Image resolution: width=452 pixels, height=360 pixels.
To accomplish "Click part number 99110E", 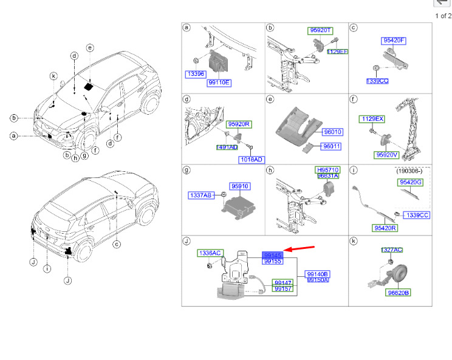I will (x=219, y=82).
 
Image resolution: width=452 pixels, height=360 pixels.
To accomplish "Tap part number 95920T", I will (x=320, y=30).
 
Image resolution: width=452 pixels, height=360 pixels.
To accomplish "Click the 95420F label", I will (x=394, y=41).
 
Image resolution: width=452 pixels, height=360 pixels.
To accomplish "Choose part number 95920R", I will (x=240, y=123).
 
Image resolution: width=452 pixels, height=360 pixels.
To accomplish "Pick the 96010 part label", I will (x=332, y=131).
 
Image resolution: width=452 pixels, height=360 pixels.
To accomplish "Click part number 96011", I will (x=332, y=146).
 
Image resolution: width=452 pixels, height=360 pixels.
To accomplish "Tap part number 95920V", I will (x=387, y=155).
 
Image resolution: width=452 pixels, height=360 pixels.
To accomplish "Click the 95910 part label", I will (x=239, y=186).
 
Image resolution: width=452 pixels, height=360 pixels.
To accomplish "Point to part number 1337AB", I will (x=200, y=195).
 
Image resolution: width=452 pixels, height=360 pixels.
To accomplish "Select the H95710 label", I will (x=327, y=169).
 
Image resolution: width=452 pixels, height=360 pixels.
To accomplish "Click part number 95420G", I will (x=410, y=182).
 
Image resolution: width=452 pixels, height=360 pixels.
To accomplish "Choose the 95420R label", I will (x=385, y=228).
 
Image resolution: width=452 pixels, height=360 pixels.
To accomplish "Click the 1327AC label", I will (x=392, y=250).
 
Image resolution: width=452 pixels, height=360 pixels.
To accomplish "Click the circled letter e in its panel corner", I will (x=270, y=99).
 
